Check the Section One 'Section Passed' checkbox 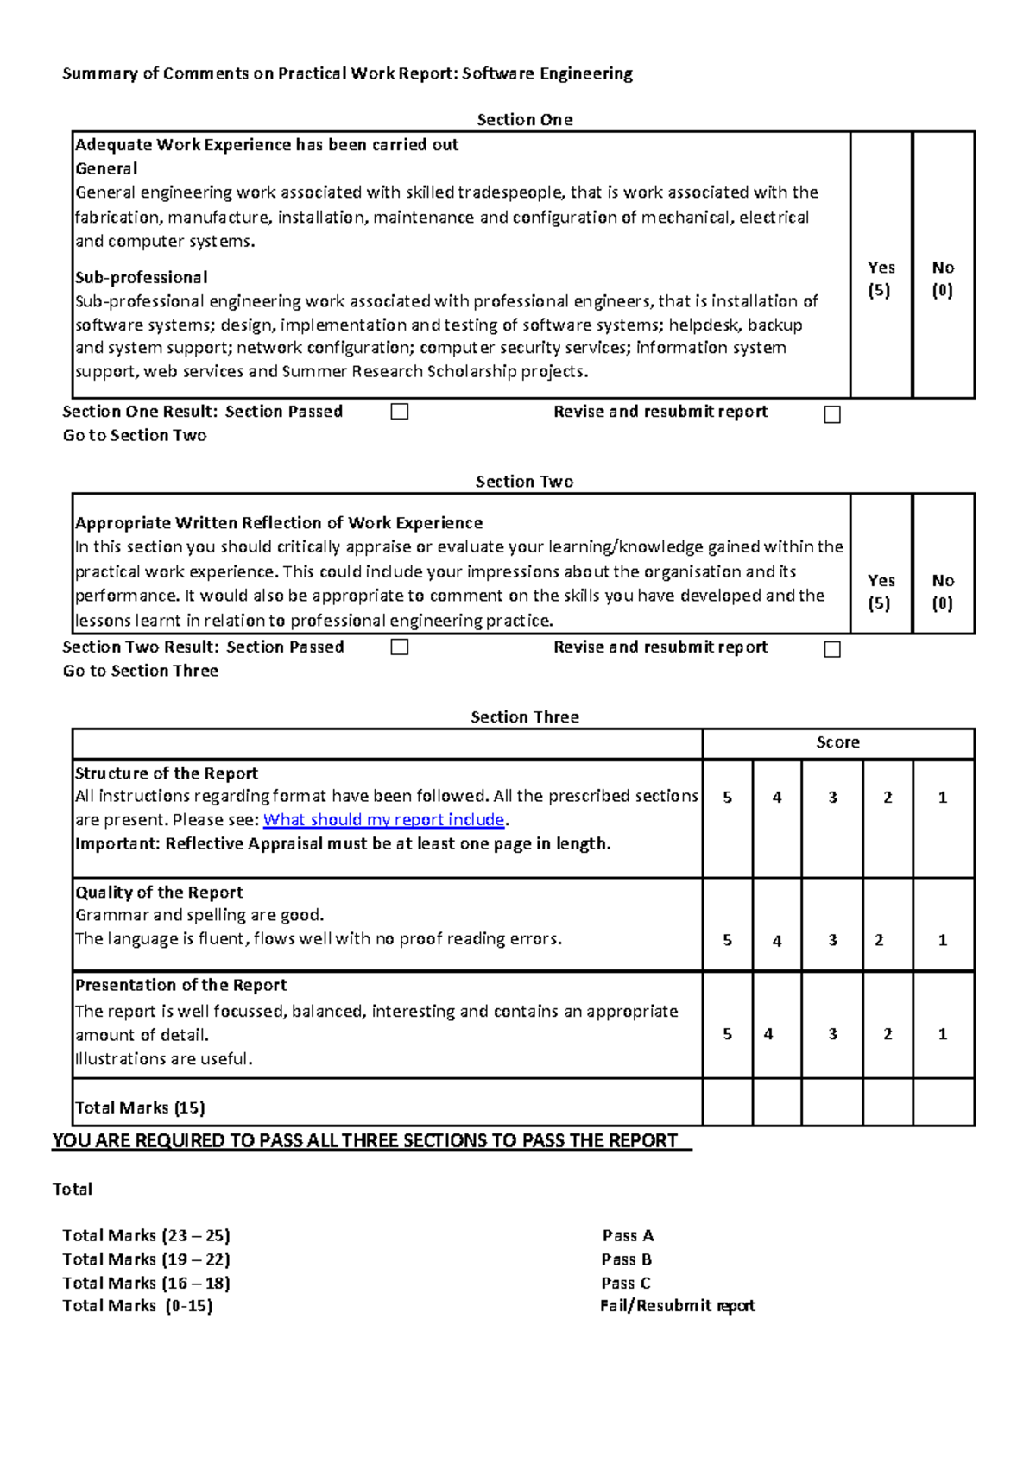pos(399,412)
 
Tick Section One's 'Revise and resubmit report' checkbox pos(832,414)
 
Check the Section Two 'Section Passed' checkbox pos(399,647)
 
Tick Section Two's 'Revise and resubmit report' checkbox pos(832,649)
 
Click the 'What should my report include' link pos(383,819)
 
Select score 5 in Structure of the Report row pos(727,798)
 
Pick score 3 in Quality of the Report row pos(832,940)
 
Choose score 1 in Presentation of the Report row pos(943,1033)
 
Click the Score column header pos(837,742)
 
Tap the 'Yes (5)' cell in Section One pos(881,278)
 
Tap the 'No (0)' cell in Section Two pos(943,591)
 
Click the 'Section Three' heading pos(524,716)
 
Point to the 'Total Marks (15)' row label pos(140,1107)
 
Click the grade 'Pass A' pos(628,1235)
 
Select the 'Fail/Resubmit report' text pos(677,1305)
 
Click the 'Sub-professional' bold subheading pos(141,277)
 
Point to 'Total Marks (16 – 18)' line pos(146,1283)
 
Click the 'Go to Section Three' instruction pos(140,671)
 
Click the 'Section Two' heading pos(524,482)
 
